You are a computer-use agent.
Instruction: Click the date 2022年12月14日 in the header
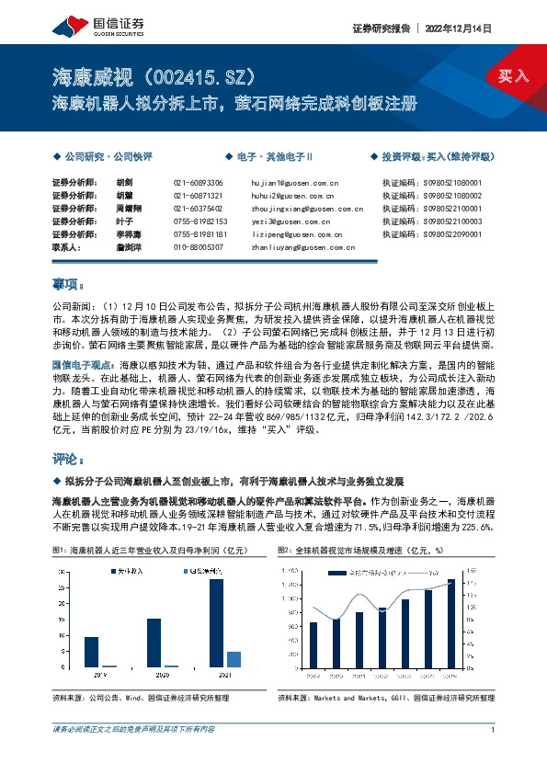(477, 28)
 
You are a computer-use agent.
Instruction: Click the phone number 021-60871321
(198, 196)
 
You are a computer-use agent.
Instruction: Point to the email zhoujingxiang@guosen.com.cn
(306, 209)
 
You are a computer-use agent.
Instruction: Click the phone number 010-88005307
(198, 247)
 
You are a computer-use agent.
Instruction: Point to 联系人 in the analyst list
(67, 247)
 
